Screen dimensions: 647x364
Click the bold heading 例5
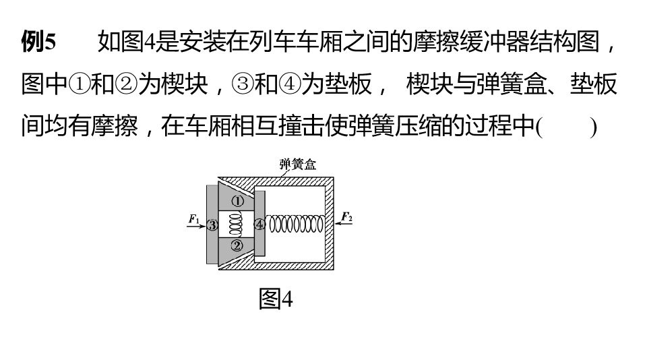(x=38, y=42)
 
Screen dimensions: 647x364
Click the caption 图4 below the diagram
(x=276, y=299)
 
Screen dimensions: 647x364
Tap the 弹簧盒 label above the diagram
(x=297, y=164)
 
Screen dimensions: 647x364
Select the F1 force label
(x=194, y=218)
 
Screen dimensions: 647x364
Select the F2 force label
(x=346, y=216)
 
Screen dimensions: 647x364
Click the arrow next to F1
(x=197, y=226)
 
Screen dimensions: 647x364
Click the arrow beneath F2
(x=343, y=224)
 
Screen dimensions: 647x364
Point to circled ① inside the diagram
(x=237, y=201)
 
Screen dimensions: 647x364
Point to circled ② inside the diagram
(x=237, y=246)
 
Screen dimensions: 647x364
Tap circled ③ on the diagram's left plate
(x=212, y=225)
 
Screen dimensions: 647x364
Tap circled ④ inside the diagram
(x=259, y=224)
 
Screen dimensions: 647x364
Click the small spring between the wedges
(x=236, y=224)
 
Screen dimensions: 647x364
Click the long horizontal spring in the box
(x=296, y=224)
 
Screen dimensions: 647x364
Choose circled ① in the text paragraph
(x=79, y=84)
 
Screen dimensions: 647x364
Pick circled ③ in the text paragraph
(x=243, y=84)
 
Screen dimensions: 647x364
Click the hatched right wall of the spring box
(x=330, y=223)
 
